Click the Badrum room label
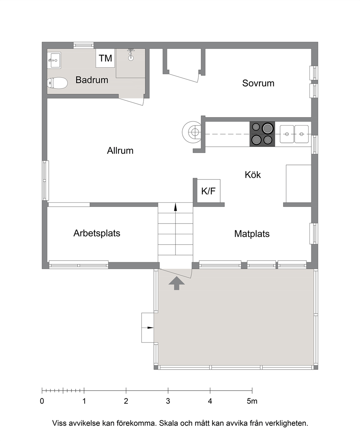(x=92, y=80)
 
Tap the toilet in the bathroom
(x=57, y=83)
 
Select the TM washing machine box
(x=105, y=58)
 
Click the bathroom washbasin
(x=54, y=61)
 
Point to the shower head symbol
(x=131, y=55)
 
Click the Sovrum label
(x=258, y=83)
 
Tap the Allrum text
(x=120, y=151)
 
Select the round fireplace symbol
(x=192, y=132)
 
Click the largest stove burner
(x=267, y=128)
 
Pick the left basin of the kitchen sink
(x=287, y=134)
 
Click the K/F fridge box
(x=208, y=191)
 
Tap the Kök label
(x=253, y=175)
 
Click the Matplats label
(x=252, y=234)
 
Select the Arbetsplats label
(x=97, y=233)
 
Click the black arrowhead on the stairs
(x=175, y=207)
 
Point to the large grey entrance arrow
(x=177, y=283)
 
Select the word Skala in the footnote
(x=169, y=423)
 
